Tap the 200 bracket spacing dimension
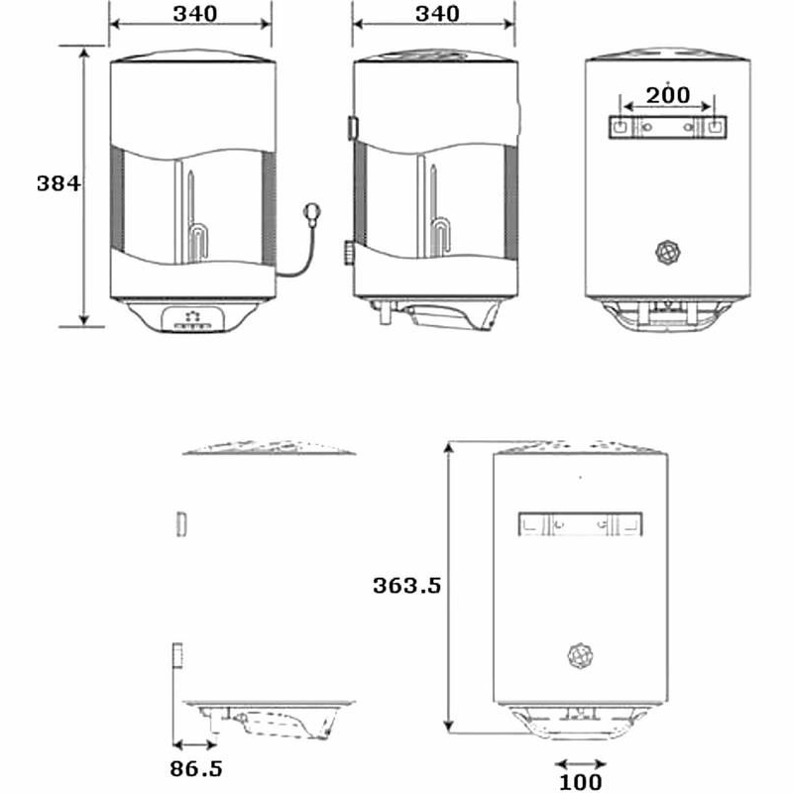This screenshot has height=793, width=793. [x=668, y=95]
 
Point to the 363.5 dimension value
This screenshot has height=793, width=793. [x=406, y=585]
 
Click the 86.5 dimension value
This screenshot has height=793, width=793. [x=196, y=768]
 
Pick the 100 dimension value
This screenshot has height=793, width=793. [x=580, y=782]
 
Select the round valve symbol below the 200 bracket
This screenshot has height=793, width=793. [x=669, y=252]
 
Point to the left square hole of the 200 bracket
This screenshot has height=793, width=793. [x=618, y=128]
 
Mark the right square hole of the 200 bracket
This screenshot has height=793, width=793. [x=715, y=128]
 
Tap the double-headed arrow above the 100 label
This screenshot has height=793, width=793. [x=580, y=763]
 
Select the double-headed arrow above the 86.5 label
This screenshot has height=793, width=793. [x=194, y=744]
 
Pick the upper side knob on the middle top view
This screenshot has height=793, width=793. [x=352, y=128]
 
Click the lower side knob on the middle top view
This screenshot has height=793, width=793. [x=350, y=254]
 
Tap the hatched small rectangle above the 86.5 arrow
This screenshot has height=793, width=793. [x=178, y=656]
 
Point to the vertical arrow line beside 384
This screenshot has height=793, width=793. [x=85, y=184]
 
